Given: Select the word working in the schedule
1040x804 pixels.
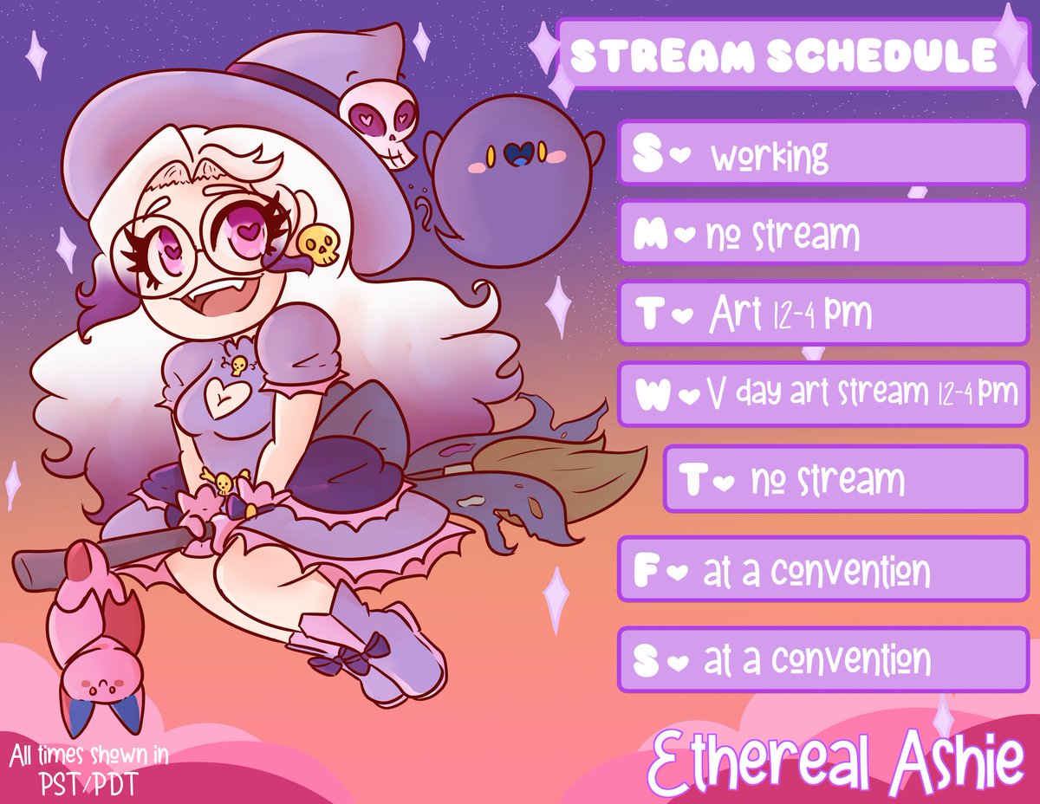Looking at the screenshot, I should click(x=770, y=157).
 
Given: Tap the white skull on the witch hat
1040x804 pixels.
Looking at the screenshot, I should click(x=380, y=126).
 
